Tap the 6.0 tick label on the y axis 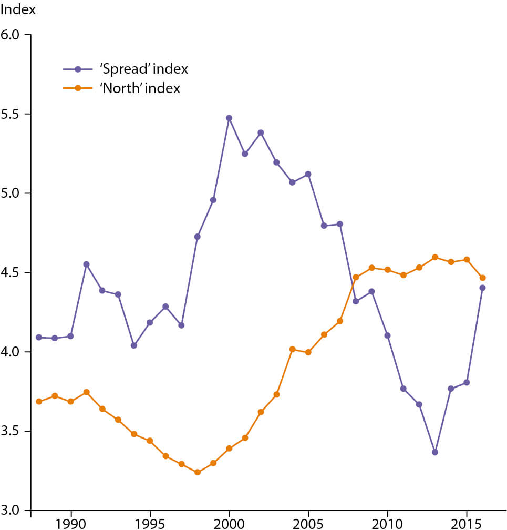(14, 35)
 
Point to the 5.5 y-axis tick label (14, 114)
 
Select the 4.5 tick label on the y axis (14, 273)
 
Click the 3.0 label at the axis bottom (14, 511)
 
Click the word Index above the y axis (18, 10)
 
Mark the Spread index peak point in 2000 (229, 118)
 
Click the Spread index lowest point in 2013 (435, 452)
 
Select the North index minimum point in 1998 (197, 472)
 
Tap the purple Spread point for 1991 (86, 264)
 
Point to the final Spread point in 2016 (482, 288)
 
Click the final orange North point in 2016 (482, 278)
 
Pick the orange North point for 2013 (435, 257)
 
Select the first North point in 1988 (39, 401)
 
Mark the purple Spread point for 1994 (133, 345)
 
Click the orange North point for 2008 (356, 277)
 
